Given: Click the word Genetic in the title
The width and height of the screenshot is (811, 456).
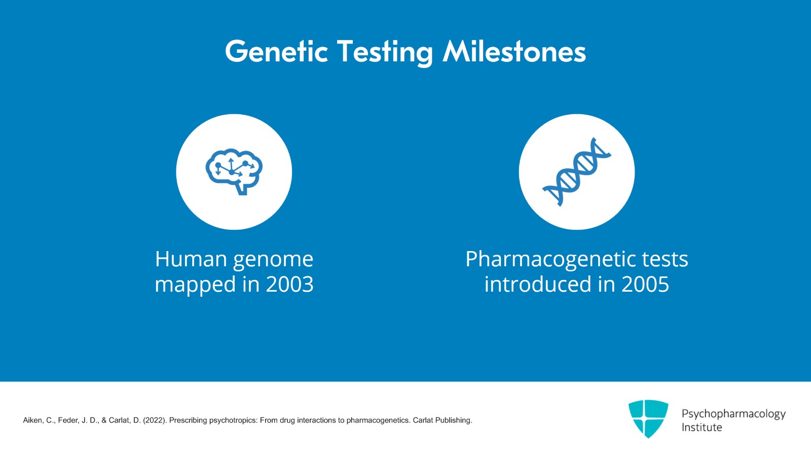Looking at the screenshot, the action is (x=277, y=51).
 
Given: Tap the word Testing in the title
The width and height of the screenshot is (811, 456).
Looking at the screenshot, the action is (x=385, y=53).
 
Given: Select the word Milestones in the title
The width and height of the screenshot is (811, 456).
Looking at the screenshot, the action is (x=514, y=51).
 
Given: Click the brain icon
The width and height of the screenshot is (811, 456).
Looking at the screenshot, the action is (x=234, y=171).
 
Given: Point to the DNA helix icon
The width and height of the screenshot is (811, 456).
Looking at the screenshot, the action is (x=577, y=172).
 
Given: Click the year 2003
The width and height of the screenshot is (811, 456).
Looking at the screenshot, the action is (x=289, y=284).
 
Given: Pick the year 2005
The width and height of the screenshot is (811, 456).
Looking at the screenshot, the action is (x=645, y=284).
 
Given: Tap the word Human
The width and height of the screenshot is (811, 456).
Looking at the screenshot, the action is (x=191, y=259).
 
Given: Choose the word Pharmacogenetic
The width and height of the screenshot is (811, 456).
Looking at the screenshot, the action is (x=550, y=261).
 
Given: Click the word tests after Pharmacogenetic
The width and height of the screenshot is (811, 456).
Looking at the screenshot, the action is (x=665, y=260).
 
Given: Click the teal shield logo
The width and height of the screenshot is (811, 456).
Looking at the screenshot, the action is (x=648, y=418).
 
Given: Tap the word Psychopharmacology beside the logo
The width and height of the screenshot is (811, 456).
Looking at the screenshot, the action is (x=733, y=414).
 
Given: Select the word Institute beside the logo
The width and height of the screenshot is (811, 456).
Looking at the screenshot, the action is (x=702, y=428).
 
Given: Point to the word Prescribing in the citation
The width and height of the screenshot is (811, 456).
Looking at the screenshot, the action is (x=188, y=420).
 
